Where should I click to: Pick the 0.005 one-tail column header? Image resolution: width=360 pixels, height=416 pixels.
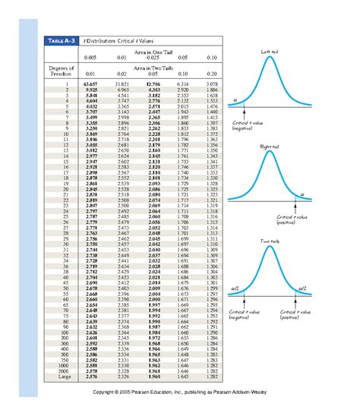pyautogui.click(x=92, y=57)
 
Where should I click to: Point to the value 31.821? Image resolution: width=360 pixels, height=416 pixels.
pyautogui.click(x=121, y=83)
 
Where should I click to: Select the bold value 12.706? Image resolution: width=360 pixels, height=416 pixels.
pyautogui.click(x=151, y=83)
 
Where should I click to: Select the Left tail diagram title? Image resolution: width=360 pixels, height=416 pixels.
pyautogui.click(x=271, y=52)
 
